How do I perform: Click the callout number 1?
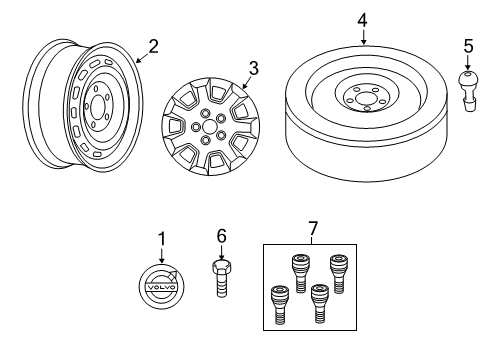tap(162, 239)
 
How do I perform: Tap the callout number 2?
tap(153, 47)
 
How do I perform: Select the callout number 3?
tap(254, 68)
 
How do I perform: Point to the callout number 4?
tap(363, 20)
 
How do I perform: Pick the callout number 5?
tap(468, 46)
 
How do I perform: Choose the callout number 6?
tap(222, 236)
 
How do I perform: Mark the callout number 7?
tap(313, 228)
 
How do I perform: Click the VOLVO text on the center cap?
tap(161, 287)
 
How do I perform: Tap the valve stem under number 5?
tap(468, 90)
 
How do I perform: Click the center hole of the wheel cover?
tap(210, 127)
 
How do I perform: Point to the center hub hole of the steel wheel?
tap(97, 107)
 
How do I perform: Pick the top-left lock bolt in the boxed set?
tap(300, 274)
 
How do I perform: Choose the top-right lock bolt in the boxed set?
tap(338, 274)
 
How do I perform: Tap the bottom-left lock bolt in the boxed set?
tap(280, 304)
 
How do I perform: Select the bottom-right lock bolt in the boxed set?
tap(320, 304)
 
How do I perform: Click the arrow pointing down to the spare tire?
tap(363, 37)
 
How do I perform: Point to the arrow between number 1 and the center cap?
tap(162, 255)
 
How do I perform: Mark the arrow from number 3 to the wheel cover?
tap(246, 82)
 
